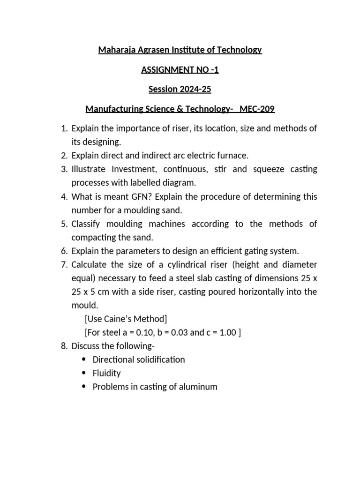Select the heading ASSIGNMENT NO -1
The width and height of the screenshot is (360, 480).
click(x=180, y=70)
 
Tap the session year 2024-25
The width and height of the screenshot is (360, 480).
click(x=193, y=89)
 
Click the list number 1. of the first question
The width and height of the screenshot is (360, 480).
click(x=65, y=129)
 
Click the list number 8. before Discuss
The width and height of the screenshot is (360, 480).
click(x=65, y=346)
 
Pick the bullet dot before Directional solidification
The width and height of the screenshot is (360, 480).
click(x=84, y=360)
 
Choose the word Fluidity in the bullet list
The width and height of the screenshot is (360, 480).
click(x=107, y=373)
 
